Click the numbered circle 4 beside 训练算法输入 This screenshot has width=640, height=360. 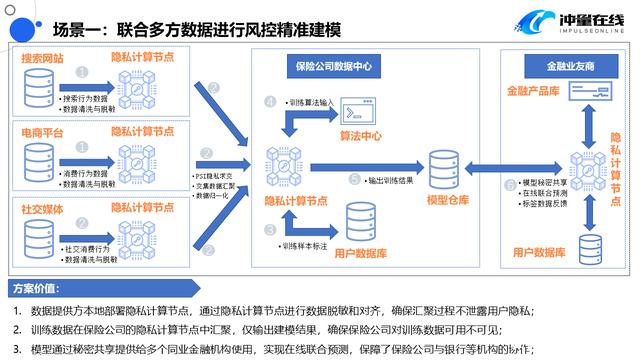click(x=271, y=101)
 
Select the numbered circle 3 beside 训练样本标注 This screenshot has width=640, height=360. click(x=271, y=230)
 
